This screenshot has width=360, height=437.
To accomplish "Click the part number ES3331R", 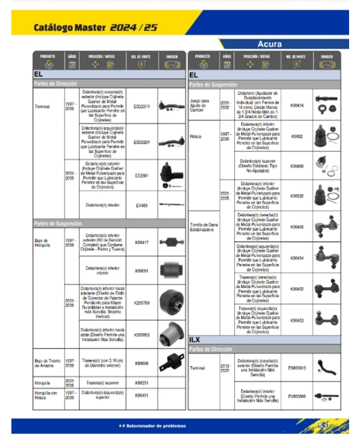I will click(x=142, y=106).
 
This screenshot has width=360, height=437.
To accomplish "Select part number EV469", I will click(x=142, y=205).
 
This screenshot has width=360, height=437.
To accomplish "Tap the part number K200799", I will click(x=142, y=302).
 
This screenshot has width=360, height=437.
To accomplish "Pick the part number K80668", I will click(x=142, y=363).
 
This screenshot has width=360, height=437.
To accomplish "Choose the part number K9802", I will click(x=297, y=136).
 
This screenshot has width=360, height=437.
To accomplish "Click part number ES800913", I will click(x=297, y=368).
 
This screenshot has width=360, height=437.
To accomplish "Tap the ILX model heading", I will click(x=195, y=340).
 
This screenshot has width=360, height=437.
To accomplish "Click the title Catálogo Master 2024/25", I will click(x=96, y=28).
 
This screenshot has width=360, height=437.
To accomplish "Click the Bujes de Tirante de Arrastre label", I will click(x=47, y=363).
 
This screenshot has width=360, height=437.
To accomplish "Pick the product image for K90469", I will click(x=326, y=165).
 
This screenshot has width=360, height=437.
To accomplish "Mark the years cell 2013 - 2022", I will click(x=227, y=368).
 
